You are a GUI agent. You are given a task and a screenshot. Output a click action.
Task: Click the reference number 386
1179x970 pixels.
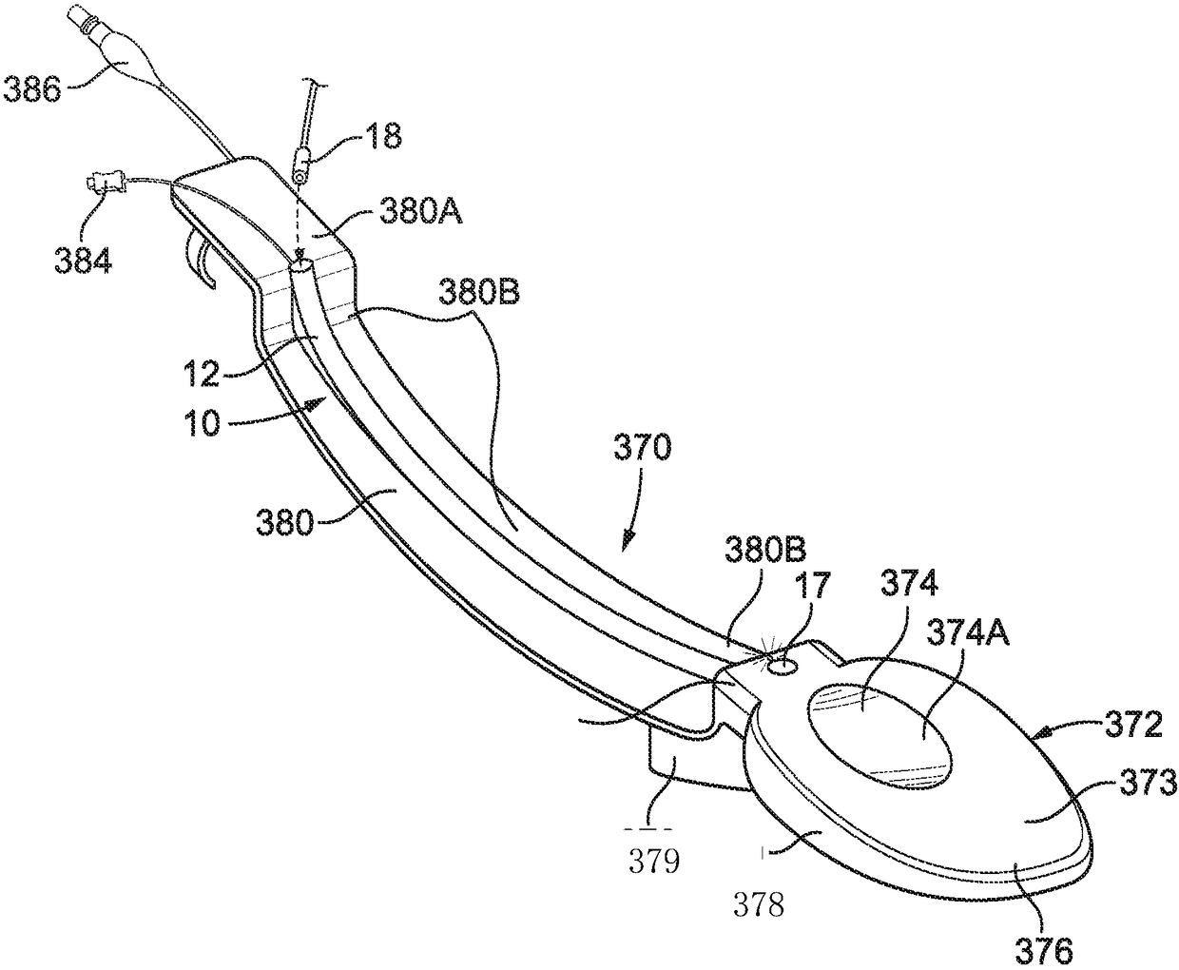tap(31, 91)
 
